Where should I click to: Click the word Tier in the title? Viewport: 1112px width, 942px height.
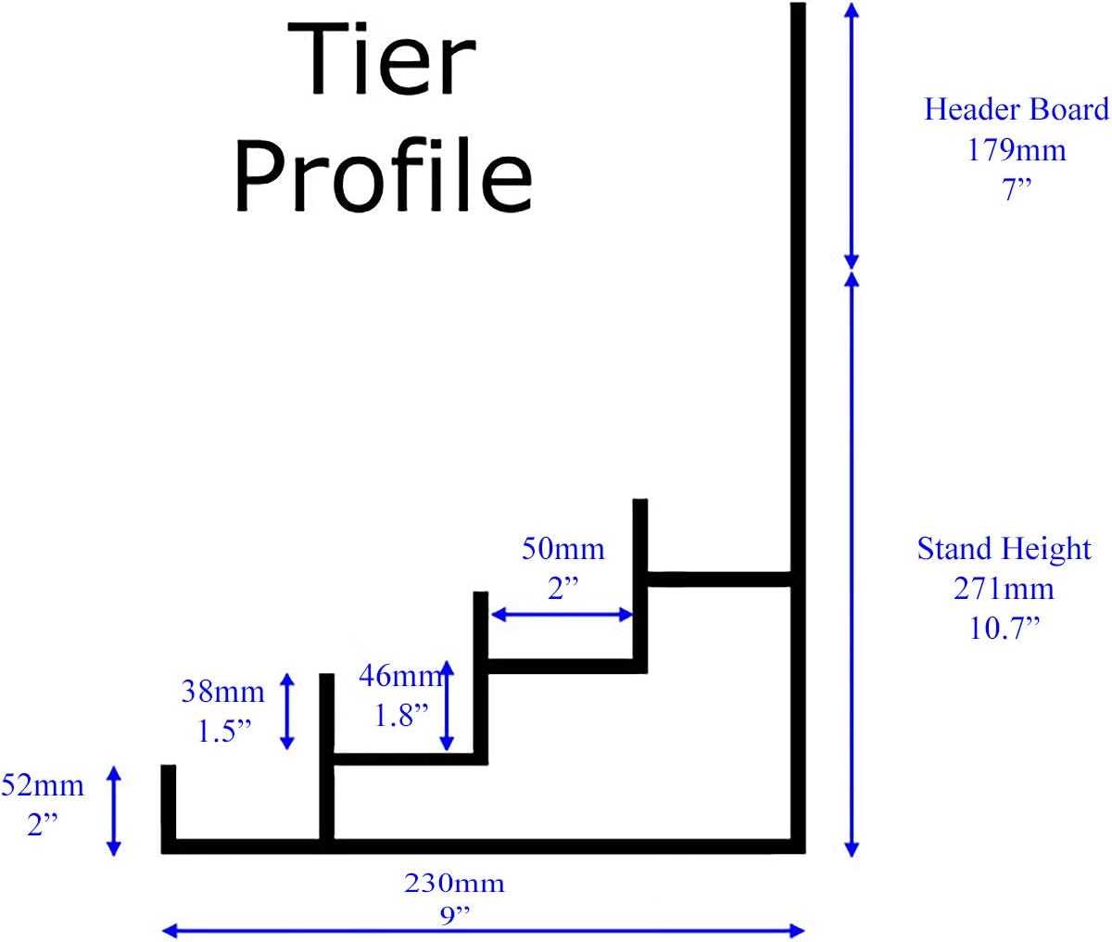tap(382, 60)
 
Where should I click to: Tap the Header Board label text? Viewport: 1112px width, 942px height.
tap(1016, 109)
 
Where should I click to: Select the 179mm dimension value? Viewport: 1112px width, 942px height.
tap(1017, 149)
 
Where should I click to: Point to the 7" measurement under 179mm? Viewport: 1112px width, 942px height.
tap(1017, 189)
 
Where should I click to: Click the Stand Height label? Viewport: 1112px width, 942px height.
tap(1005, 549)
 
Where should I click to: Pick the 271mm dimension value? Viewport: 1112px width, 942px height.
tap(1005, 589)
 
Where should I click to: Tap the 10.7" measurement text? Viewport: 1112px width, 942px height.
tap(1005, 629)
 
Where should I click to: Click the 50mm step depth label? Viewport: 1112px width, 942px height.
tap(562, 549)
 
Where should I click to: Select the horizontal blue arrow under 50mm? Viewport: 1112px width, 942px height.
tap(562, 614)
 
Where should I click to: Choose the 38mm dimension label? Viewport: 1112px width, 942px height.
tap(223, 691)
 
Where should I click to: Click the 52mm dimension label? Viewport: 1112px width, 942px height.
tap(43, 786)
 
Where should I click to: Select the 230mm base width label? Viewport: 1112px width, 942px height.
tap(454, 883)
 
